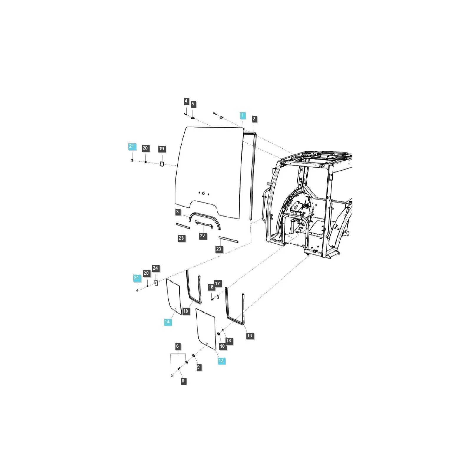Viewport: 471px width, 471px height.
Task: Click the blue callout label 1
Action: pos(242,115)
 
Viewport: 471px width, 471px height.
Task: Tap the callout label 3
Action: pos(177,212)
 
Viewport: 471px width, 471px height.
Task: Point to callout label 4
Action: pos(186,101)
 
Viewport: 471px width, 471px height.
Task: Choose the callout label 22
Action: pos(203,236)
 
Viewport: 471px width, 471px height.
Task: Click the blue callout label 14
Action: pos(167,322)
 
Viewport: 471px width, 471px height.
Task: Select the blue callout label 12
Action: pos(221,361)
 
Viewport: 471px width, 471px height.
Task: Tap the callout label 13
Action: pos(250,336)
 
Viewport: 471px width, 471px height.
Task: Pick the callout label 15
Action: pos(186,311)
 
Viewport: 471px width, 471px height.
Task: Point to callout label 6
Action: pos(177,346)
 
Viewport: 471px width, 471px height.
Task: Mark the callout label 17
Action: pos(217,284)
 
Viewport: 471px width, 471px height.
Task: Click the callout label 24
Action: pos(155,268)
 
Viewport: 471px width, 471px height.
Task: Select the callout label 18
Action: pos(229,341)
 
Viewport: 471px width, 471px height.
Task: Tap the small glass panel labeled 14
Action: pos(174,296)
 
